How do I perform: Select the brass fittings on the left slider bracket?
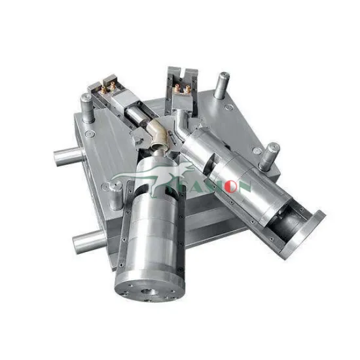click(107, 86)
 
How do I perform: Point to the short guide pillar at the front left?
click(117, 193)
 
